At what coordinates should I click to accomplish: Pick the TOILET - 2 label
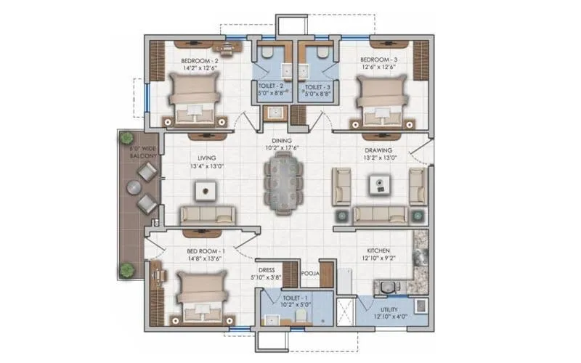(273, 86)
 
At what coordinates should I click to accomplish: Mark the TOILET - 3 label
(317, 86)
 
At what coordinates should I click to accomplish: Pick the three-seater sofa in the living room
(207, 213)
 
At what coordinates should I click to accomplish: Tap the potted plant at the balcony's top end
(127, 137)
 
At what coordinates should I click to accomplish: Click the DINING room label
(282, 141)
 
